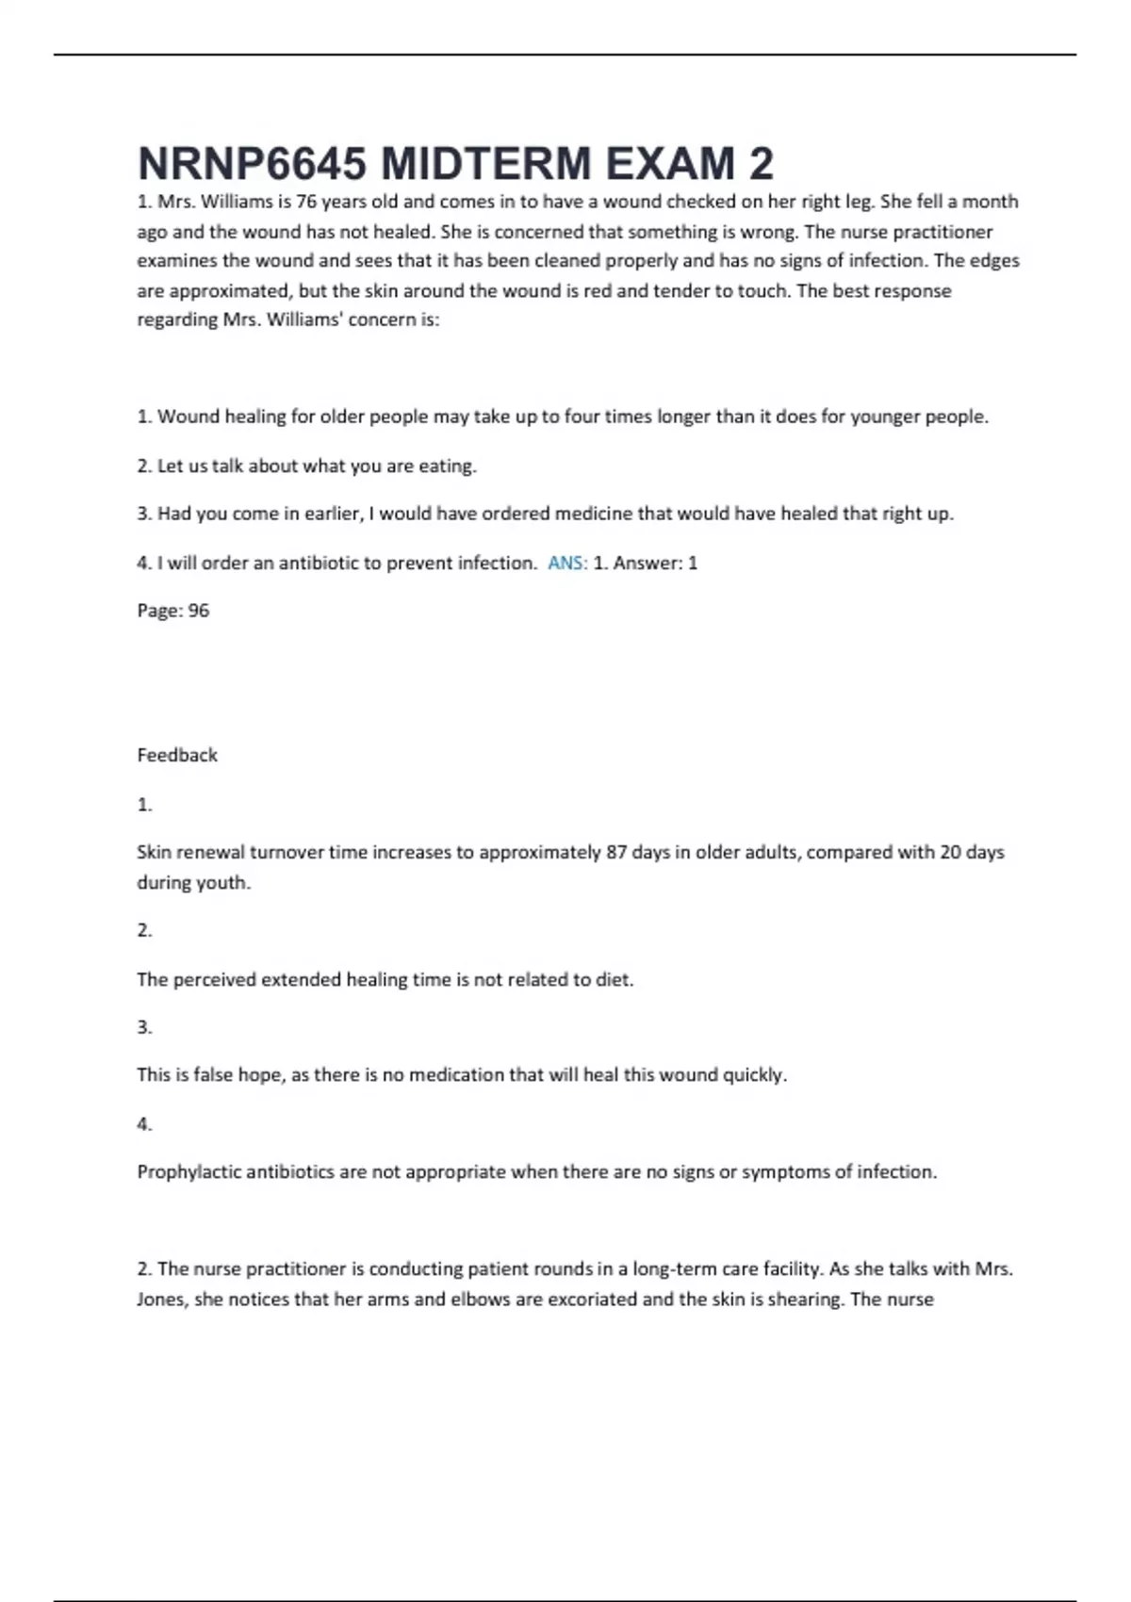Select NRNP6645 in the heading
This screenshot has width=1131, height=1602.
(252, 164)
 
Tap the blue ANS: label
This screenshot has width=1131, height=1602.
(567, 563)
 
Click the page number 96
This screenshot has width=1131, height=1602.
(199, 611)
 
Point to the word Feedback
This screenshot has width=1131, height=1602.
(177, 755)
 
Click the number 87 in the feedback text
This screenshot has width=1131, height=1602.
(616, 852)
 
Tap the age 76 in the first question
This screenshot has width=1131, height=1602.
(306, 202)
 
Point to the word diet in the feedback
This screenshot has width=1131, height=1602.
(614, 979)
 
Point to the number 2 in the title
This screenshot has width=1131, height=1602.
(762, 164)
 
